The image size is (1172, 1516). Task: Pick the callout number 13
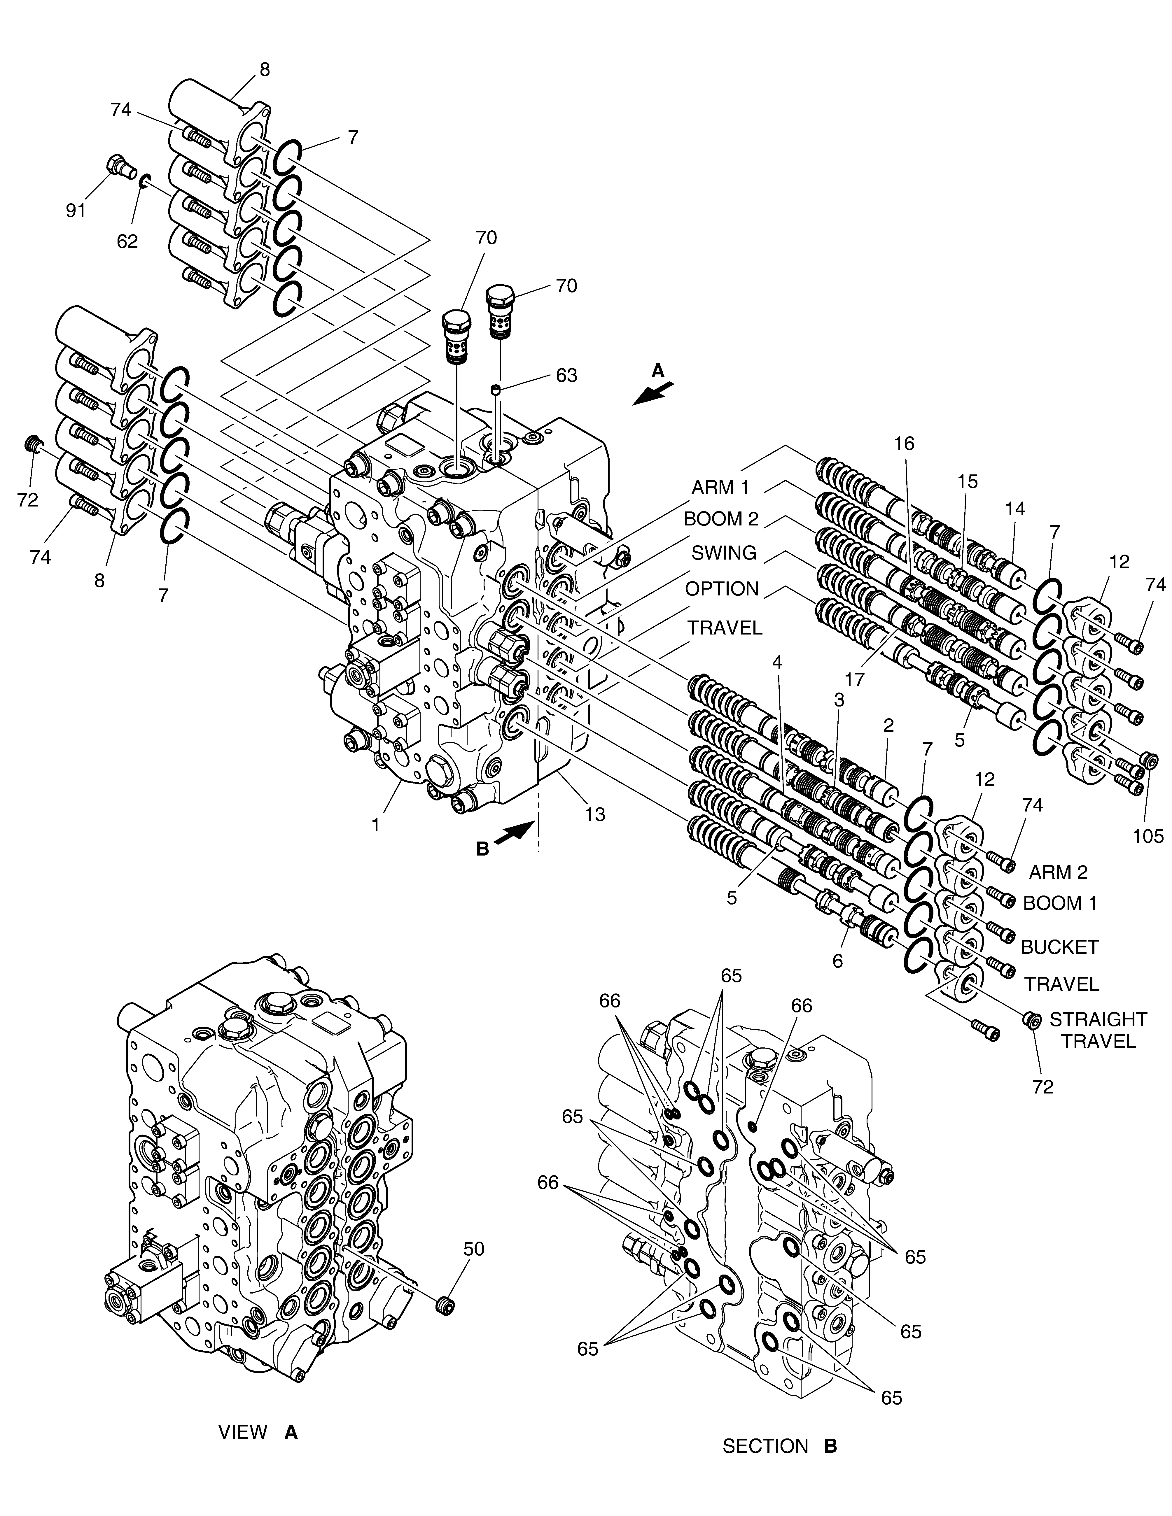[x=595, y=814]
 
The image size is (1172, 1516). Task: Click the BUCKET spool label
[x=1059, y=947]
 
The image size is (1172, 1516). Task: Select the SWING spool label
[x=723, y=553]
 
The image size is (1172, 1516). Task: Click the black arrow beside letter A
[x=653, y=393]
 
